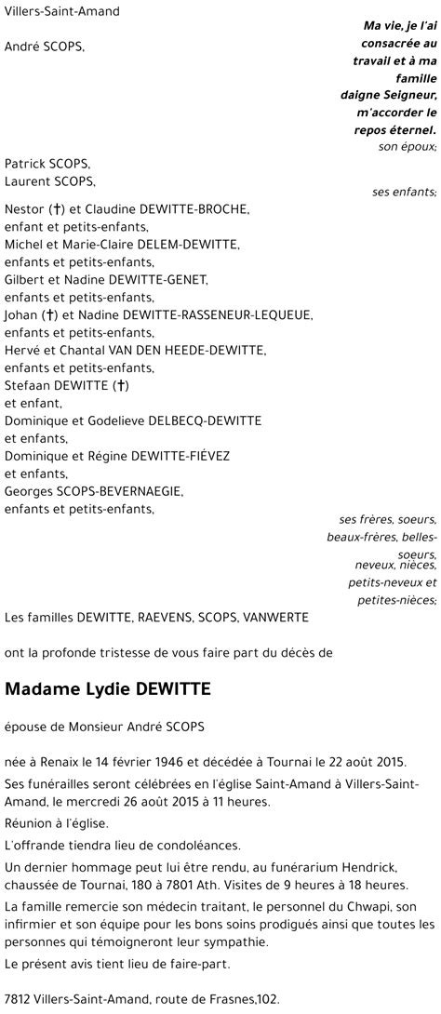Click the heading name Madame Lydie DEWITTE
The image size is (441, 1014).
pyautogui.click(x=108, y=663)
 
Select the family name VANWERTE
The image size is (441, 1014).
pyautogui.click(x=274, y=616)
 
